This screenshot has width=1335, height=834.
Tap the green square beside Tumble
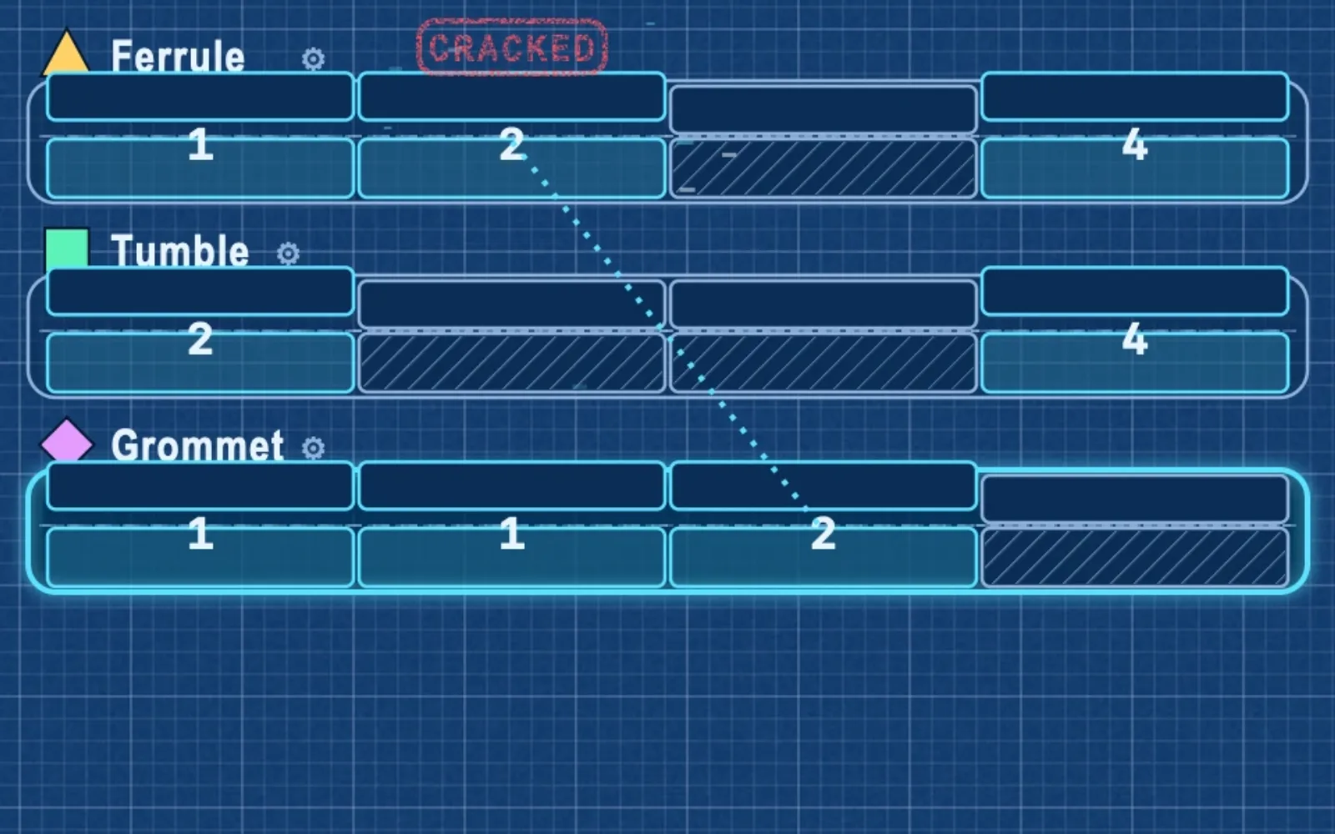[67, 249]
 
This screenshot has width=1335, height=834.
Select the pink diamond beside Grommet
[67, 442]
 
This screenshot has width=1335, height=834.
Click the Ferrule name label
[178, 56]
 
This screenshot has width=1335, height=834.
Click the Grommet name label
[197, 445]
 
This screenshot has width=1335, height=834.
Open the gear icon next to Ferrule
[313, 59]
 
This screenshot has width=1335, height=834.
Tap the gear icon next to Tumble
[288, 254]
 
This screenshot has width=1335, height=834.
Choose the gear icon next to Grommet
[313, 448]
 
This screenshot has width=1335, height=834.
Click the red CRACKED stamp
[512, 47]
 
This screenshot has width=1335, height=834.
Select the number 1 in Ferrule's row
[200, 145]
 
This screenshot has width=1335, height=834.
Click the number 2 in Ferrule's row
[511, 145]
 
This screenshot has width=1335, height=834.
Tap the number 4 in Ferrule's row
[1134, 145]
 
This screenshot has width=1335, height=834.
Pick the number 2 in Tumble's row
[200, 339]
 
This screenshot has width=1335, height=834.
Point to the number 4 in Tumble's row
[1134, 339]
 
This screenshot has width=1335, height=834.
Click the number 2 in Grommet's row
[823, 534]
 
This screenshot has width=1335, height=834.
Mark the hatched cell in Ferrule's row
[823, 168]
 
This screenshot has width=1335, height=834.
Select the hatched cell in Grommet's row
[1135, 556]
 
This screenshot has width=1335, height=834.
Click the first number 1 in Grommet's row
[200, 534]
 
